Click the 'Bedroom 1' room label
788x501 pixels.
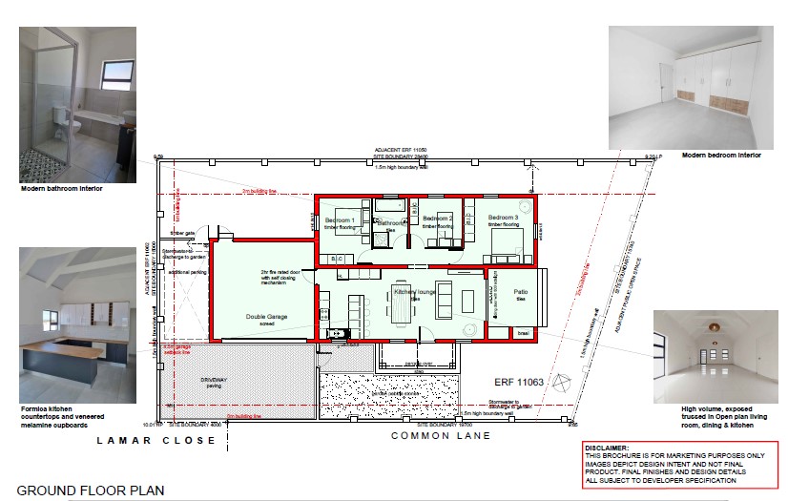click(340, 220)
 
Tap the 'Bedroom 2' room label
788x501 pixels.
click(437, 219)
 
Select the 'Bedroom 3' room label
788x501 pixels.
click(503, 219)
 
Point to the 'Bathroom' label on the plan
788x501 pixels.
click(390, 223)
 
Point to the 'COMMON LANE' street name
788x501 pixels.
click(441, 435)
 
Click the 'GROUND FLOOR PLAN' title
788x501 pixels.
click(91, 491)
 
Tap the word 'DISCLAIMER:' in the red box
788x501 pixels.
click(607, 448)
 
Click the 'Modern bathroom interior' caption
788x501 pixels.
click(60, 189)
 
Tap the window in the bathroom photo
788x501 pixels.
click(116, 73)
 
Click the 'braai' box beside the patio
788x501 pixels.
click(522, 333)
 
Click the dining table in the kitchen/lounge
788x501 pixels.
click(398, 306)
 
